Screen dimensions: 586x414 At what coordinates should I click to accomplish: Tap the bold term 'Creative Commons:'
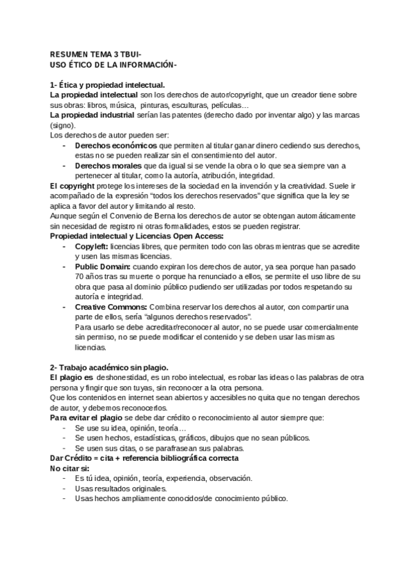[111, 307]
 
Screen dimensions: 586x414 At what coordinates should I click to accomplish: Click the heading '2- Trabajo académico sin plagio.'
[109, 367]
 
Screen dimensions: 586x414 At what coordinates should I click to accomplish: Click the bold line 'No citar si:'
[70, 468]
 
